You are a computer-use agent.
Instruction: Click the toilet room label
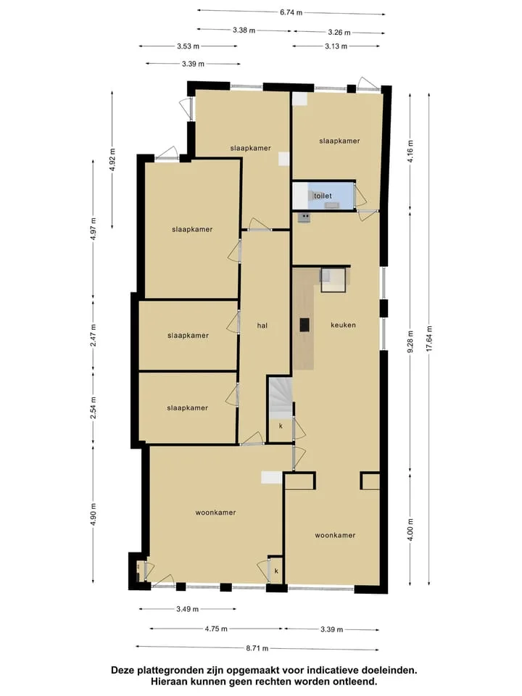(x=323, y=196)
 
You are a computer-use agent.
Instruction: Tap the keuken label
(x=343, y=325)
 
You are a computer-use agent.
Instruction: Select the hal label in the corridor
(x=262, y=326)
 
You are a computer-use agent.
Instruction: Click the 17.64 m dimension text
(x=428, y=339)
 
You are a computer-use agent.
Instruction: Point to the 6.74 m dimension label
(x=291, y=12)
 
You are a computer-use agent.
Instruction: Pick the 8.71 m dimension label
(x=257, y=648)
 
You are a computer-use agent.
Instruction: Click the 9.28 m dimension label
(x=410, y=341)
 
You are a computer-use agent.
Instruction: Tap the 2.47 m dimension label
(x=94, y=336)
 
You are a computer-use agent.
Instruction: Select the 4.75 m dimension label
(x=216, y=629)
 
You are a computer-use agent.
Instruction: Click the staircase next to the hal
(x=280, y=398)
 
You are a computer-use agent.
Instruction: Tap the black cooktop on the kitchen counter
(x=305, y=325)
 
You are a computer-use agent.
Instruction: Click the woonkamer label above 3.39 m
(x=335, y=535)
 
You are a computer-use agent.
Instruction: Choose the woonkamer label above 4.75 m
(x=216, y=513)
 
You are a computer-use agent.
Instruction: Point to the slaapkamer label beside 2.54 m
(x=187, y=408)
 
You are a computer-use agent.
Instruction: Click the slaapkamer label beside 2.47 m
(x=188, y=336)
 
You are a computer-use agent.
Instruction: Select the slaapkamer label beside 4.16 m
(x=339, y=141)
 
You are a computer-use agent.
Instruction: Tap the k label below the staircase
(x=281, y=426)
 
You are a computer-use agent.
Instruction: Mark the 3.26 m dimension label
(x=339, y=32)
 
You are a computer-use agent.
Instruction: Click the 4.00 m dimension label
(x=410, y=529)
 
